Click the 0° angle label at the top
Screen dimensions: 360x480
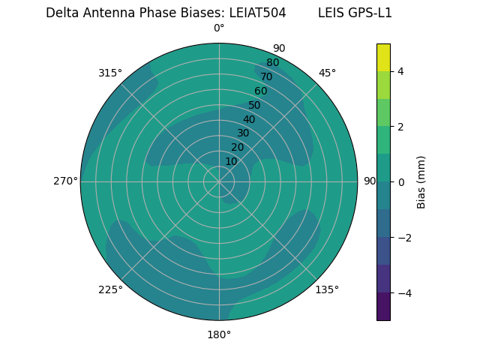click(x=219, y=28)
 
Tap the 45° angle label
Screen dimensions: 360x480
click(x=327, y=73)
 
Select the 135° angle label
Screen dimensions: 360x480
click(x=327, y=289)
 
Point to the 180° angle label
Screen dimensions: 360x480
click(x=219, y=334)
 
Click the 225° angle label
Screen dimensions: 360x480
click(x=110, y=289)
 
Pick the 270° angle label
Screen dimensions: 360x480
click(x=65, y=181)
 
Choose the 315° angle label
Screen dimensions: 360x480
click(x=110, y=73)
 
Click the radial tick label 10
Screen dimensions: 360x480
click(x=232, y=161)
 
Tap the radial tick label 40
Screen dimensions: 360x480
click(x=249, y=119)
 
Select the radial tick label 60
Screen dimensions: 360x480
click(x=261, y=91)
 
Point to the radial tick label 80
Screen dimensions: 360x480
click(x=272, y=63)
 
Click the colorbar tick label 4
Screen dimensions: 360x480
click(x=401, y=71)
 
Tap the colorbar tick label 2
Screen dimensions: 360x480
click(x=401, y=127)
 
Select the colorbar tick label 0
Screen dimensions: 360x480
click(x=401, y=182)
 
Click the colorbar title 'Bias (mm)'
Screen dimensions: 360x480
click(x=421, y=182)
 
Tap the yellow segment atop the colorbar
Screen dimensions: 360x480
click(x=383, y=57)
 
